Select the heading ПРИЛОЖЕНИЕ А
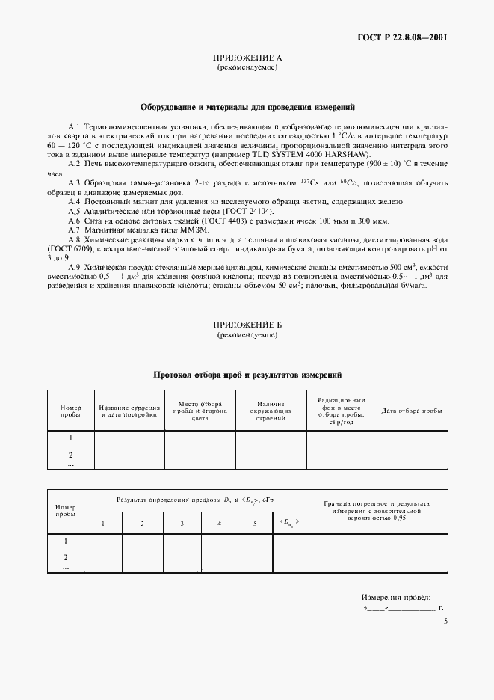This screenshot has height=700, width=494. coord(247,58)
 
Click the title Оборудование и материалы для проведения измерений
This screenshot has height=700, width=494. coord(247,107)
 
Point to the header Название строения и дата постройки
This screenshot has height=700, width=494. coord(129,411)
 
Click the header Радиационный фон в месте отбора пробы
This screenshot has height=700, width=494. coord(341,411)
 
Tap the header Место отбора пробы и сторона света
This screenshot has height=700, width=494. coord(199,411)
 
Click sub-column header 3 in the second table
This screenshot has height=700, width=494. coord(182,522)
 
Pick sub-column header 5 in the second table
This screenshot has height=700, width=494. coord(255,522)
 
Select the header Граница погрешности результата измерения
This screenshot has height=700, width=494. coord(377,510)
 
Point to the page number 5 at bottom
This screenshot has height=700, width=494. coord(445,621)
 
